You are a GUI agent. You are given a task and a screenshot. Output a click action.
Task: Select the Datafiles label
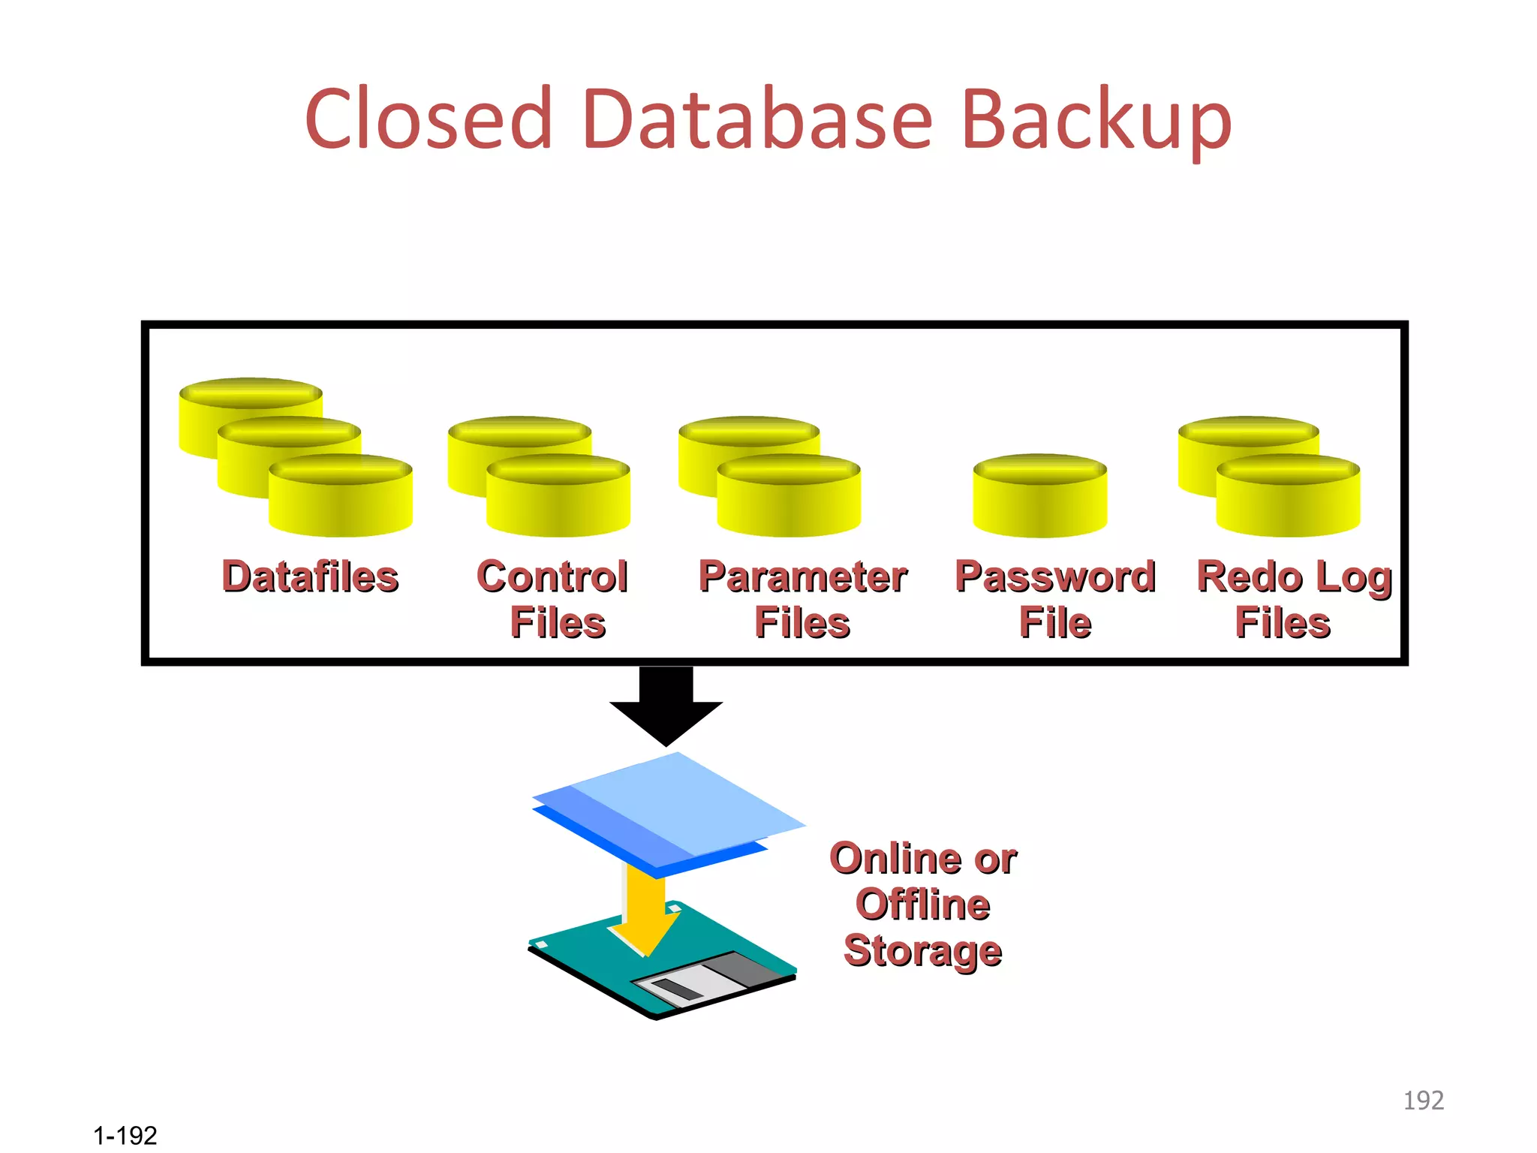(x=310, y=576)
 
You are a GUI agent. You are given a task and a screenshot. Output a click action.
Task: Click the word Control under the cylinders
(x=552, y=576)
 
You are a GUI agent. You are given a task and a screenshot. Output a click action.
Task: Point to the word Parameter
(x=803, y=576)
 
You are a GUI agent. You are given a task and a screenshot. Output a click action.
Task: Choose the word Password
(x=1054, y=576)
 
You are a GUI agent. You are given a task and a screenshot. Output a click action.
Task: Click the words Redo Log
(x=1294, y=578)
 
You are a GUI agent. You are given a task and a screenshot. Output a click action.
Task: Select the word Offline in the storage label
(x=922, y=905)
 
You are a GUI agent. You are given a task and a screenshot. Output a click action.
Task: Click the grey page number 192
(x=1423, y=1100)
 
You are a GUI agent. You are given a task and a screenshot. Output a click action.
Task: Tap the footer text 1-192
(x=125, y=1135)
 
